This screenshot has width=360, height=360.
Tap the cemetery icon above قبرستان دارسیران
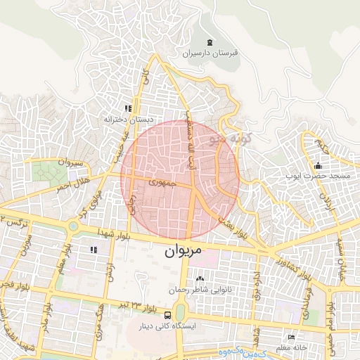(210, 42)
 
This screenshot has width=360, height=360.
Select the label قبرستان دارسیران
(211, 53)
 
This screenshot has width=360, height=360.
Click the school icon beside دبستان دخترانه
(128, 108)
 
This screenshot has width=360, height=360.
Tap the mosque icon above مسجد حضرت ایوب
(319, 166)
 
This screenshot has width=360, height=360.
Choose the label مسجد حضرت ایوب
(314, 176)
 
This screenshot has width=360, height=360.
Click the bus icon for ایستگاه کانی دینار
(168, 316)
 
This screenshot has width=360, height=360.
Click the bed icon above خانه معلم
(292, 337)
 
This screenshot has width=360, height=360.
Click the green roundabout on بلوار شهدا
(74, 226)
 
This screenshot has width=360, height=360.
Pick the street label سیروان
(70, 162)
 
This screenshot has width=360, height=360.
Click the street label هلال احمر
(72, 186)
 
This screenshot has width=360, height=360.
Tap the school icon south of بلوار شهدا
(94, 250)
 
